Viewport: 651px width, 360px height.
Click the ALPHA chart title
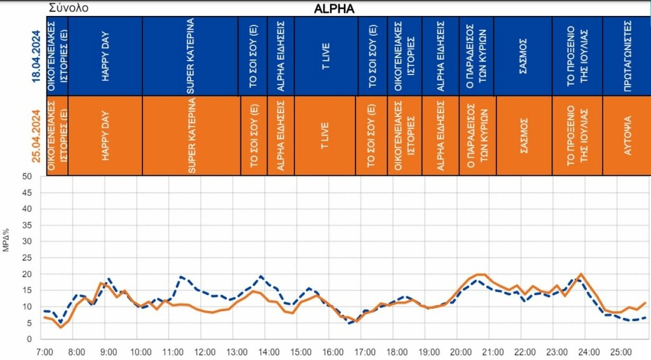point(334,9)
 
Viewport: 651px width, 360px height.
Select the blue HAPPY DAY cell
point(105,56)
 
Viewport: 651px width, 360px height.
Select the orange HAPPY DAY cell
point(105,135)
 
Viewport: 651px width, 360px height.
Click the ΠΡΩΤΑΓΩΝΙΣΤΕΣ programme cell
point(626,56)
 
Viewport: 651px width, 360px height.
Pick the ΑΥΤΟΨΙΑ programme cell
point(626,135)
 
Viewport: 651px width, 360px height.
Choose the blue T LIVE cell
point(325,56)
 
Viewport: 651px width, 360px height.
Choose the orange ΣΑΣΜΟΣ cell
point(523,135)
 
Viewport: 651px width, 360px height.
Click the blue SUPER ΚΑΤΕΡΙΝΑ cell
point(190,56)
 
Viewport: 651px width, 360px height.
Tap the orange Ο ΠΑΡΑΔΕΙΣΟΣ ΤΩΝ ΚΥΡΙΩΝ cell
point(476,135)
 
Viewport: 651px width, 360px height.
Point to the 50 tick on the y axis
point(27,176)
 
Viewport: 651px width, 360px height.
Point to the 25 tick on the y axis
point(27,258)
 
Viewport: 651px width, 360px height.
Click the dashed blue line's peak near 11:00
point(181,277)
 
